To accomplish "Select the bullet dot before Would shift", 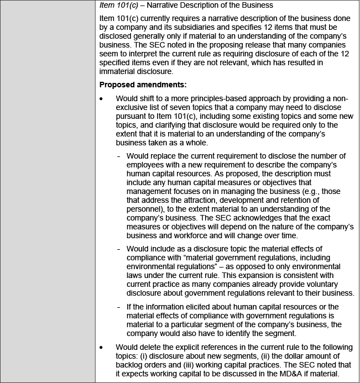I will pos(101,98).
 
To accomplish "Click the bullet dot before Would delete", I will pos(101,347).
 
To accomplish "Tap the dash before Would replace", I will pos(119,156).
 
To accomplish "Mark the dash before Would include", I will pos(119,249).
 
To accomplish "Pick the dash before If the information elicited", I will pos(119,307).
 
